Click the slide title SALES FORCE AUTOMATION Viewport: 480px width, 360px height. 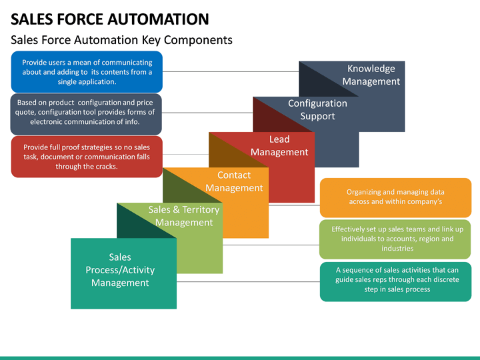109,18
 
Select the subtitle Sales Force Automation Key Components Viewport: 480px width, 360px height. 121,40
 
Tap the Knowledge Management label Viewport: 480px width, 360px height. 371,75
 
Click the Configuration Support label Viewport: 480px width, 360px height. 317,110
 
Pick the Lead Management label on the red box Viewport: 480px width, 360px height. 279,146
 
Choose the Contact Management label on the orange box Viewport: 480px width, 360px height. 234,181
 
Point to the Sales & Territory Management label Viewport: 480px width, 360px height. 183,216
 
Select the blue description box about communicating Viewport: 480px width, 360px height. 87,72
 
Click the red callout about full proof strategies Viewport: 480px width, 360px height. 87,157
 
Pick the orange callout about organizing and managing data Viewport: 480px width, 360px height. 395,197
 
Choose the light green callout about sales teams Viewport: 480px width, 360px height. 395,239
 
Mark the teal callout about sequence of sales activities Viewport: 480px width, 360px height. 395,280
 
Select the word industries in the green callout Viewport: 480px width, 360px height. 397,249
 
